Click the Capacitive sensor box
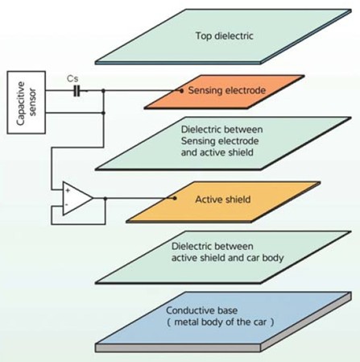(27, 102)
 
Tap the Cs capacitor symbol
(77, 91)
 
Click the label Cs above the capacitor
(72, 79)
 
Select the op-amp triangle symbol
(77, 198)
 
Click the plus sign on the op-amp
(68, 190)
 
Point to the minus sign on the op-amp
(67, 205)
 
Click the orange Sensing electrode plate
(225, 92)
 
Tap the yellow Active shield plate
(223, 202)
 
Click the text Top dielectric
(224, 35)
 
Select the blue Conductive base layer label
(201, 310)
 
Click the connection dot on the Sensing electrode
(181, 91)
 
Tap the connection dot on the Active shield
(175, 198)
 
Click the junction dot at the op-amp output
(106, 198)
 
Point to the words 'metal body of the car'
(221, 322)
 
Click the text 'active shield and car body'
(227, 258)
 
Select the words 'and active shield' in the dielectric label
(217, 152)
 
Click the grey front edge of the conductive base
(178, 348)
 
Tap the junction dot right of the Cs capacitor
(103, 91)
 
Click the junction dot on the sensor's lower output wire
(103, 113)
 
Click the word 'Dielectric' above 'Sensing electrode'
(201, 130)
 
